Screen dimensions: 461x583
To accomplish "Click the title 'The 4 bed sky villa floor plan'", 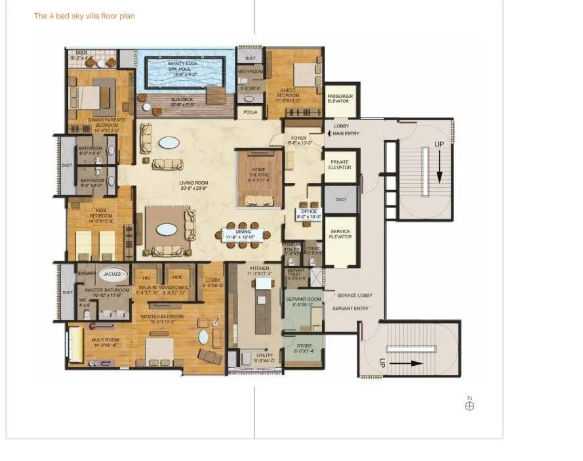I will pyautogui.click(x=84, y=16).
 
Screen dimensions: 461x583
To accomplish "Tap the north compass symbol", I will pyautogui.click(x=469, y=405).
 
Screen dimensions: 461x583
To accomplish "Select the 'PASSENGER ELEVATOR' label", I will pyautogui.click(x=340, y=99).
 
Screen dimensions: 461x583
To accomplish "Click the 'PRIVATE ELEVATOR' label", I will pyautogui.click(x=340, y=165).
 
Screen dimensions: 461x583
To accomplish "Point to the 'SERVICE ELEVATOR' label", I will pyautogui.click(x=340, y=234).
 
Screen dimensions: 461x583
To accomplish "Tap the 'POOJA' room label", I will pyautogui.click(x=250, y=112).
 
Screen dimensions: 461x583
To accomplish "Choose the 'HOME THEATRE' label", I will pyautogui.click(x=260, y=172).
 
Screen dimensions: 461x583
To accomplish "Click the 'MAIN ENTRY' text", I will pyautogui.click(x=347, y=134).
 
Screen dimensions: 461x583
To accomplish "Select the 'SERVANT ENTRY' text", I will pyautogui.click(x=350, y=309).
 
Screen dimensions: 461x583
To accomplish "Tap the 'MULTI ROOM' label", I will pyautogui.click(x=105, y=340).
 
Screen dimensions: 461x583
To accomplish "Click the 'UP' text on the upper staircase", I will pyautogui.click(x=439, y=145).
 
